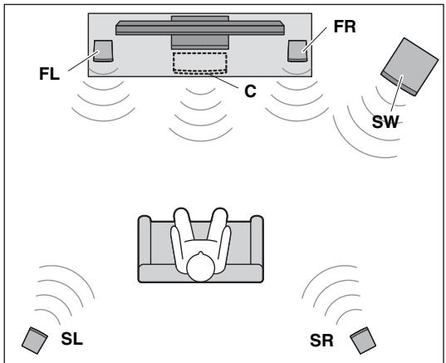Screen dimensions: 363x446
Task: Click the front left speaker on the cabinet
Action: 105,52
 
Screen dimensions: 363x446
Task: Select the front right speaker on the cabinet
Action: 297,52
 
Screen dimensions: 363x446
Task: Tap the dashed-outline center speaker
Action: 200,63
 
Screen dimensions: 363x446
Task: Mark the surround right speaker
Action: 361,340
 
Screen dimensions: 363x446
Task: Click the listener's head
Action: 200,268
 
